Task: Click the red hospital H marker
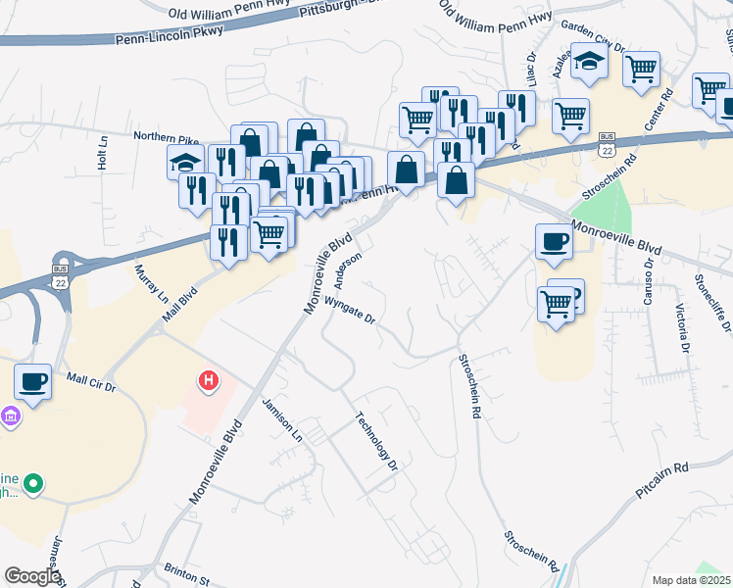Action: coord(207,381)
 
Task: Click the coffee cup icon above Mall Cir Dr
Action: coord(32,380)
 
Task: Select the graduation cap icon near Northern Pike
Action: coord(183,162)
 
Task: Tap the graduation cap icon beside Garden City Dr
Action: coord(589,62)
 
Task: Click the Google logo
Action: coord(31,576)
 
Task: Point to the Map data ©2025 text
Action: coord(691,580)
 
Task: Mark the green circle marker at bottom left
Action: coord(32,483)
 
